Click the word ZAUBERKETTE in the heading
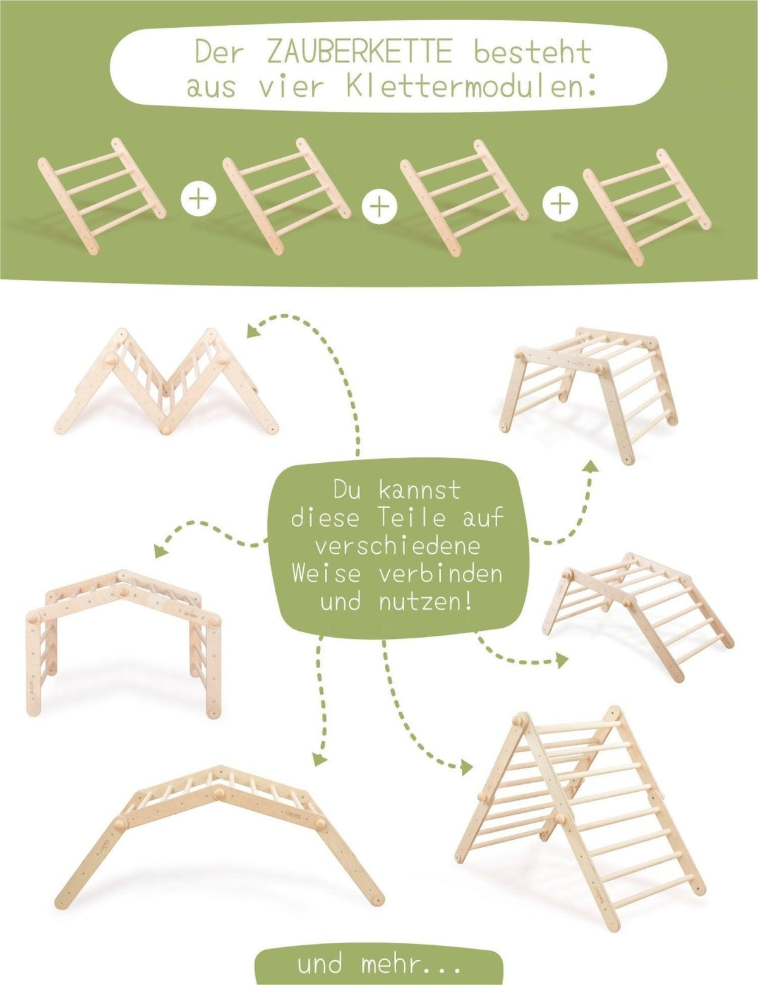click(x=359, y=53)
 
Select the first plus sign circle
click(x=198, y=198)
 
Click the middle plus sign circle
click(x=378, y=206)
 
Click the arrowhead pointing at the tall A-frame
click(x=466, y=767)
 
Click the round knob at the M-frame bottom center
click(x=167, y=429)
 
